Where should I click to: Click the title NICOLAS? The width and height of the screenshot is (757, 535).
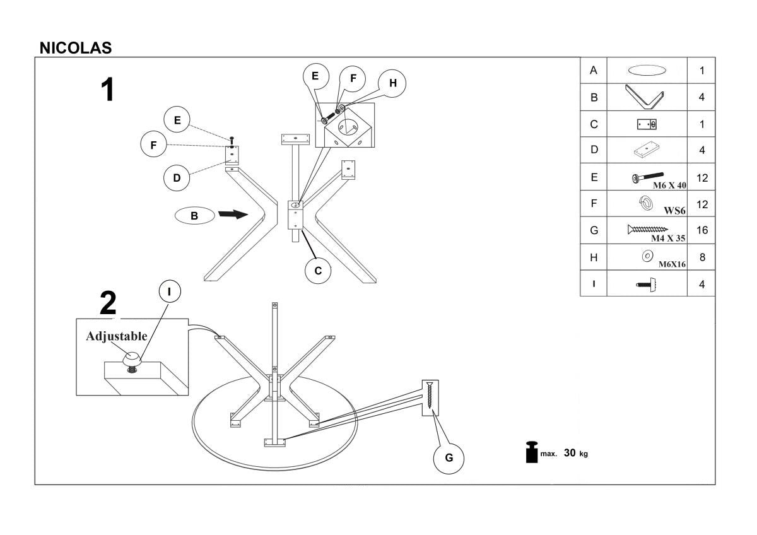[x=76, y=48]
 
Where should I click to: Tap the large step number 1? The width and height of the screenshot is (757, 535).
[x=108, y=90]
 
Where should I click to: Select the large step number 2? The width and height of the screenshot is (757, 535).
[x=108, y=304]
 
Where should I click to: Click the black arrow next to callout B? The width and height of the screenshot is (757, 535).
[x=232, y=215]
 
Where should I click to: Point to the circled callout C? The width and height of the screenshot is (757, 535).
[x=318, y=271]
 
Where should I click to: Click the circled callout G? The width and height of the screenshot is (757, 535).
[x=449, y=458]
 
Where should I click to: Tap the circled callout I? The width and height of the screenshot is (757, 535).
[x=168, y=291]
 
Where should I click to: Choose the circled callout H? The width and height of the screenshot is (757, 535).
[x=392, y=83]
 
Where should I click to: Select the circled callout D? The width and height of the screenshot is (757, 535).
[x=177, y=178]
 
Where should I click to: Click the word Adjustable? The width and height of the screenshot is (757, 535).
[x=117, y=336]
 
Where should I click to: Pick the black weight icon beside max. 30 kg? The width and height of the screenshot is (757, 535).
[x=531, y=452]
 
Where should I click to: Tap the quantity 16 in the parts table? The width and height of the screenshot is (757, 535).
[x=701, y=231]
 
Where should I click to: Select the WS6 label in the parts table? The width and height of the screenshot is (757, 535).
[x=674, y=211]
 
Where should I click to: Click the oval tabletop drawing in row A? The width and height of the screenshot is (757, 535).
[x=646, y=71]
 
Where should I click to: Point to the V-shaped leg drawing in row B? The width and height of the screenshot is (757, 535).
[x=646, y=97]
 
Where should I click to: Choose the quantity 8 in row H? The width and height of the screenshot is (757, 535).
[x=701, y=257]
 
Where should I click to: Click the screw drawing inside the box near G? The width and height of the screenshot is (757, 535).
[x=430, y=396]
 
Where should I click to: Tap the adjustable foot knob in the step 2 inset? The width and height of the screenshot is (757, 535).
[x=132, y=359]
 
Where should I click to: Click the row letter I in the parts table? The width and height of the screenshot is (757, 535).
[x=593, y=284]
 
